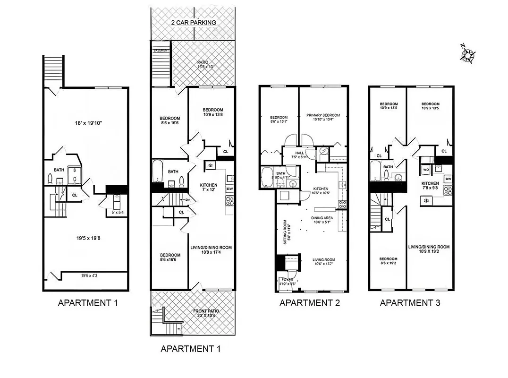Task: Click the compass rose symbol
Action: (468, 54)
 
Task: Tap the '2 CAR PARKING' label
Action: (193, 23)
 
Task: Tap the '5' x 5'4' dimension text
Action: (113, 213)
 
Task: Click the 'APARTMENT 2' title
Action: (310, 303)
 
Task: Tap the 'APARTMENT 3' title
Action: (410, 303)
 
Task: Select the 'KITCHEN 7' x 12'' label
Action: (207, 187)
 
